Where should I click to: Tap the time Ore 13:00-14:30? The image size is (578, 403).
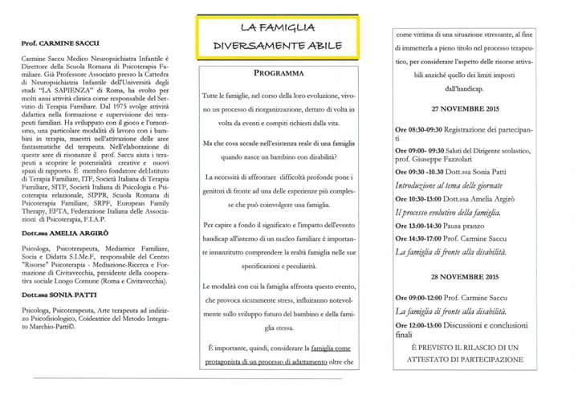[421, 226]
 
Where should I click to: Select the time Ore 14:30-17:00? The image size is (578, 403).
[421, 238]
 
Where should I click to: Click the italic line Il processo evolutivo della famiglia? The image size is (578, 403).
[448, 213]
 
